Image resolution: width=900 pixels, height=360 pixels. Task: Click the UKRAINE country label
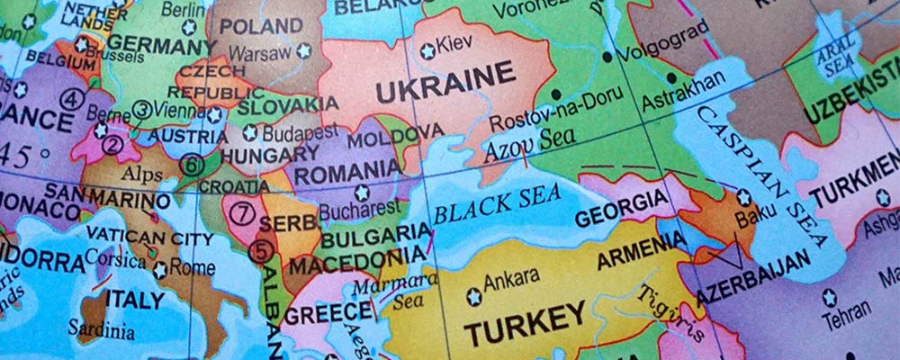pos(445,87)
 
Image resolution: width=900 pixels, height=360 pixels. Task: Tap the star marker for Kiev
pos(427,51)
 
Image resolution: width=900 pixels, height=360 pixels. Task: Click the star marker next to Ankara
pos(473,297)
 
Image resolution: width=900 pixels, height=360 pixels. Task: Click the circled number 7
pos(240,214)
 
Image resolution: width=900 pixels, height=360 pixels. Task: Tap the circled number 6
pos(191,165)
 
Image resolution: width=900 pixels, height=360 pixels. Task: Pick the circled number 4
pos(71,99)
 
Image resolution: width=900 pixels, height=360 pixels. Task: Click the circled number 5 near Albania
pos(260,252)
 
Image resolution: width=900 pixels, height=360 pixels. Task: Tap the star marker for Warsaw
pos(304,51)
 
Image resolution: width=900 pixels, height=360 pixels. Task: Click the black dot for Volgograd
pos(608,57)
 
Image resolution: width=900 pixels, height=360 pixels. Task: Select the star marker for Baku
pos(743,197)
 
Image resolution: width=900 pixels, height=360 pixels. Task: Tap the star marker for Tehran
pos(830,297)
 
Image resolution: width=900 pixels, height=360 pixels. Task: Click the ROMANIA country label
pos(347,170)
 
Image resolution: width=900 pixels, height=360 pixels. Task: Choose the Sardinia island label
pos(106,330)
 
